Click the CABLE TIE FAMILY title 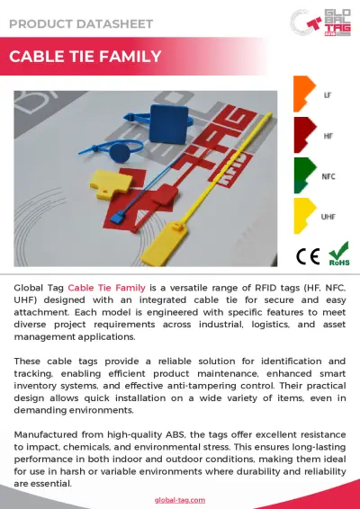[85, 58]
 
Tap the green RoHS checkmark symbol [338, 253]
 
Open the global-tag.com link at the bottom [180, 499]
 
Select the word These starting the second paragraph [28, 361]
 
